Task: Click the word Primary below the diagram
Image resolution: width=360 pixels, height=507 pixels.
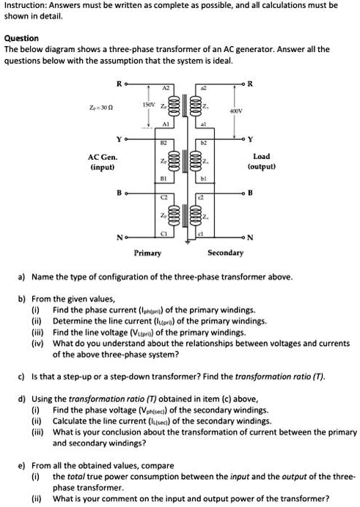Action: [x=148, y=253]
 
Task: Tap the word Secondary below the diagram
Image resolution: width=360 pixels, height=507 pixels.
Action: [x=226, y=253]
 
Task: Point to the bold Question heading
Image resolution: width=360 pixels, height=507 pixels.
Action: [x=21, y=37]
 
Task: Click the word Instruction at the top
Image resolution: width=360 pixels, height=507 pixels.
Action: [x=26, y=5]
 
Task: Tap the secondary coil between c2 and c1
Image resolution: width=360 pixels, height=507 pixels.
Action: [x=194, y=215]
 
